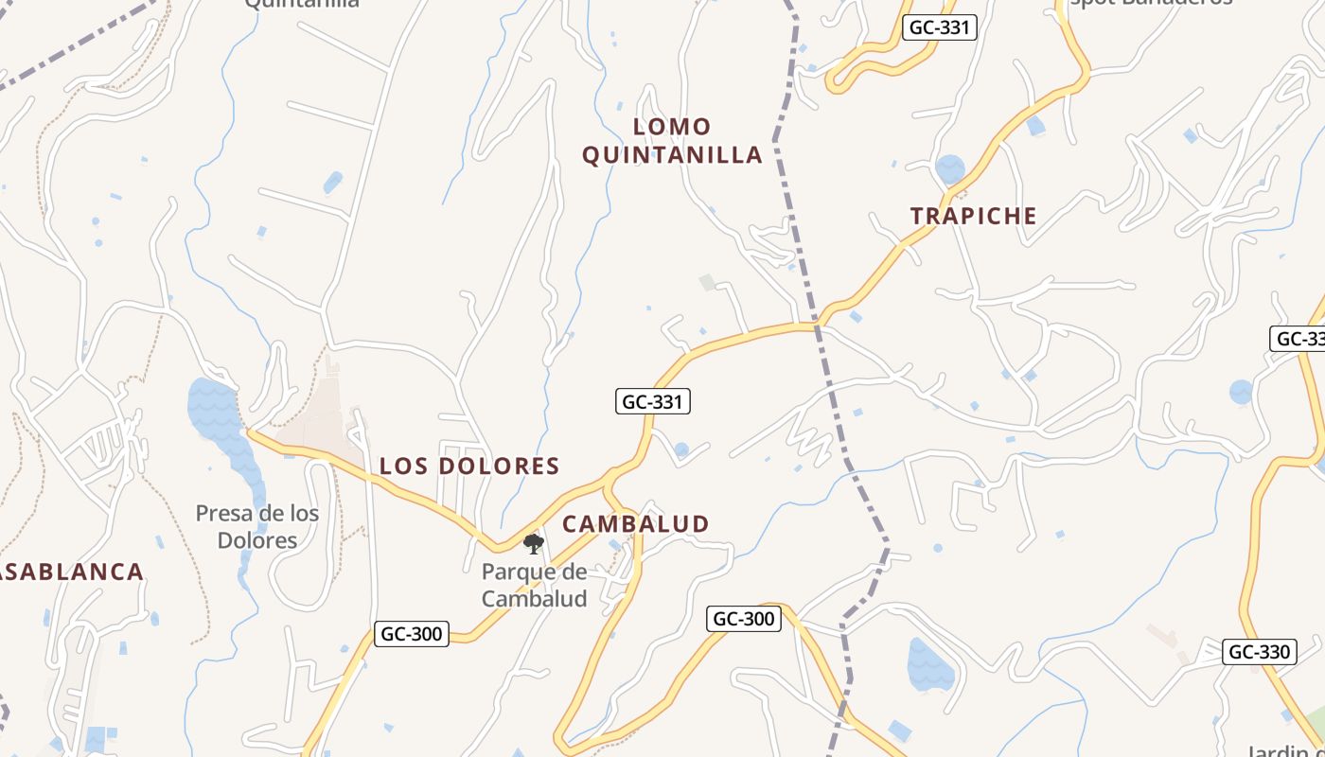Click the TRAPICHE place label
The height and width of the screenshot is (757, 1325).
[x=973, y=216]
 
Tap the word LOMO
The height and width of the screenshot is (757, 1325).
[x=672, y=127]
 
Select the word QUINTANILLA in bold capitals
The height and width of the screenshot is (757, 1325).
[x=672, y=155]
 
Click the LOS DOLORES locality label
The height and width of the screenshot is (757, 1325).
[x=469, y=467]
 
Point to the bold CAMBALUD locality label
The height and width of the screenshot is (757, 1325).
[x=635, y=524]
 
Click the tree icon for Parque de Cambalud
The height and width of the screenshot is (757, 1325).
[x=534, y=543]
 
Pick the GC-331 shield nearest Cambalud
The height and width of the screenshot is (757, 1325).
[x=652, y=402]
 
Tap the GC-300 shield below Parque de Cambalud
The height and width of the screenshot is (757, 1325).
[x=412, y=634]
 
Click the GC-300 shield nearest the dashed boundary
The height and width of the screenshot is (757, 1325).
[x=743, y=620]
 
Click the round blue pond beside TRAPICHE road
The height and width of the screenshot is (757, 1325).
[x=949, y=169]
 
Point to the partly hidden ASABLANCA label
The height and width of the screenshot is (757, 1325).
[x=72, y=572]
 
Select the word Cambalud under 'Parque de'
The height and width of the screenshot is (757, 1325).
[x=534, y=598]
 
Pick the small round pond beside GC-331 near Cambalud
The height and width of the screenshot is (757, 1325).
[x=681, y=450]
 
